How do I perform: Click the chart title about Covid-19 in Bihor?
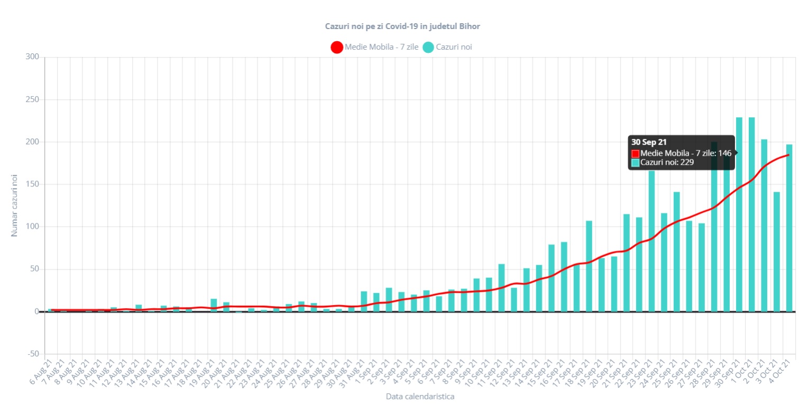pyautogui.click(x=402, y=26)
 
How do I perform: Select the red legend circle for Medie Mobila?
pyautogui.click(x=337, y=47)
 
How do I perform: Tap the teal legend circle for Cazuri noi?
pyautogui.click(x=428, y=47)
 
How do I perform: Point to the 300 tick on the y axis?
pyautogui.click(x=33, y=57)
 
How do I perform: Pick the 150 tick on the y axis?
pyautogui.click(x=33, y=184)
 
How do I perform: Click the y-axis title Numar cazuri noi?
pyautogui.click(x=14, y=205)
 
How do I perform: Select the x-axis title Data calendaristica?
pyautogui.click(x=420, y=396)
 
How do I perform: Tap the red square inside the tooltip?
pyautogui.click(x=635, y=153)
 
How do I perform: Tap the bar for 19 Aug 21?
pyautogui.click(x=214, y=305)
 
